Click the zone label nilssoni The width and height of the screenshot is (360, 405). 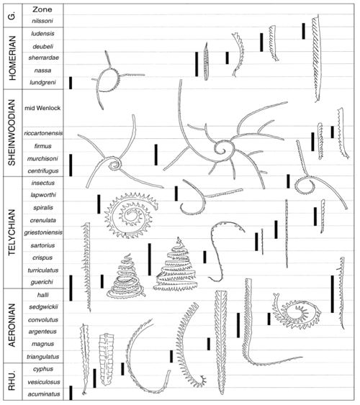(42, 21)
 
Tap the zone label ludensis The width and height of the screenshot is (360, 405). (43, 34)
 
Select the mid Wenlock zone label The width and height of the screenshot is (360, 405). (42, 108)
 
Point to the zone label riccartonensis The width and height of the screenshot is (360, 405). (43, 133)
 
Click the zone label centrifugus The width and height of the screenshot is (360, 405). (43, 171)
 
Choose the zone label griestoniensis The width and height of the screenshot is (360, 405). (43, 232)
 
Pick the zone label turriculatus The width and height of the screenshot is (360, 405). (43, 270)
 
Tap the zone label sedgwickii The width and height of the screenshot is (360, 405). (43, 307)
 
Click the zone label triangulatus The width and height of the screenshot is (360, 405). (43, 357)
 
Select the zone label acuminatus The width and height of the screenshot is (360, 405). (44, 394)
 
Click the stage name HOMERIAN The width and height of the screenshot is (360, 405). (12, 58)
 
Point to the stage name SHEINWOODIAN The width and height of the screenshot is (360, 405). (12, 133)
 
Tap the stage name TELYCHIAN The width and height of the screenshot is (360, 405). (12, 232)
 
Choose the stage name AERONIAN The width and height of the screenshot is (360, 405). (12, 325)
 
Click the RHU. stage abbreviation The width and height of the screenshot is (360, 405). (12, 381)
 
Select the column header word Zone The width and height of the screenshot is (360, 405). (42, 9)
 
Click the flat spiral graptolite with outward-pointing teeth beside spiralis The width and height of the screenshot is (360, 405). (130, 215)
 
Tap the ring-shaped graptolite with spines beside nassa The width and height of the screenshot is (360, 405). (109, 80)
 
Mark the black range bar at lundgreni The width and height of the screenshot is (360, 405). (71, 83)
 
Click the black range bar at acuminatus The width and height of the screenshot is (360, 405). (71, 393)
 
